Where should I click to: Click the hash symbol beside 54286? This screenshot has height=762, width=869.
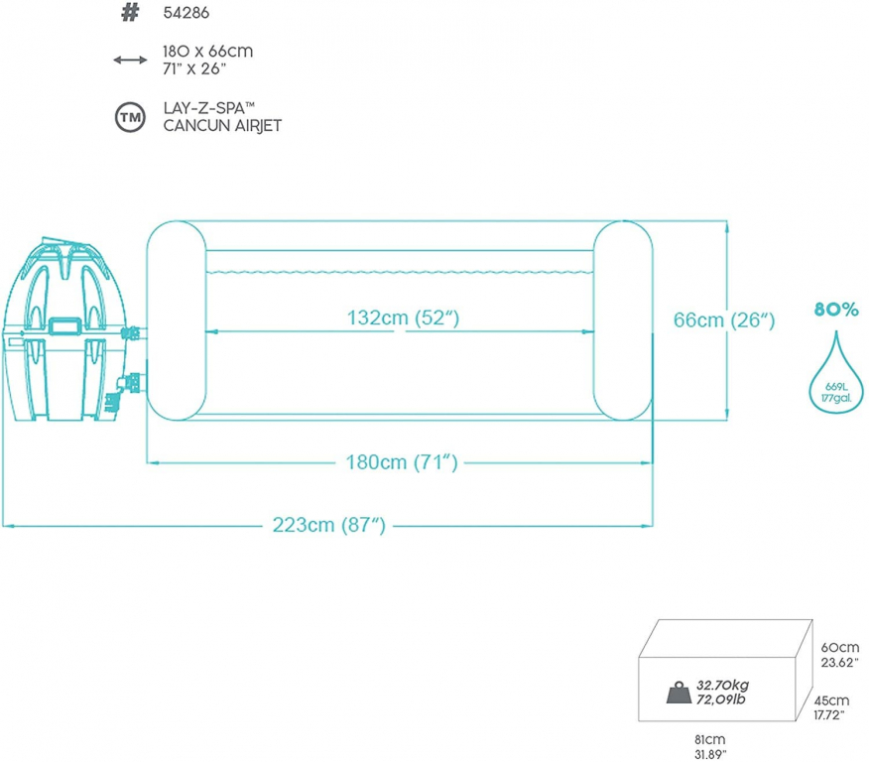click(x=128, y=14)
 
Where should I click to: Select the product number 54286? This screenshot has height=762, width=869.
click(x=186, y=14)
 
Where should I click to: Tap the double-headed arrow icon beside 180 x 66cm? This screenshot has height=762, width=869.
click(x=129, y=61)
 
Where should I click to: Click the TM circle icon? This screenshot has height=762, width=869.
click(x=129, y=117)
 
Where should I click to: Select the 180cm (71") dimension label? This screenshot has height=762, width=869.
click(x=401, y=462)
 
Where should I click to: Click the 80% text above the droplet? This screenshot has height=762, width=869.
click(x=836, y=310)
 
